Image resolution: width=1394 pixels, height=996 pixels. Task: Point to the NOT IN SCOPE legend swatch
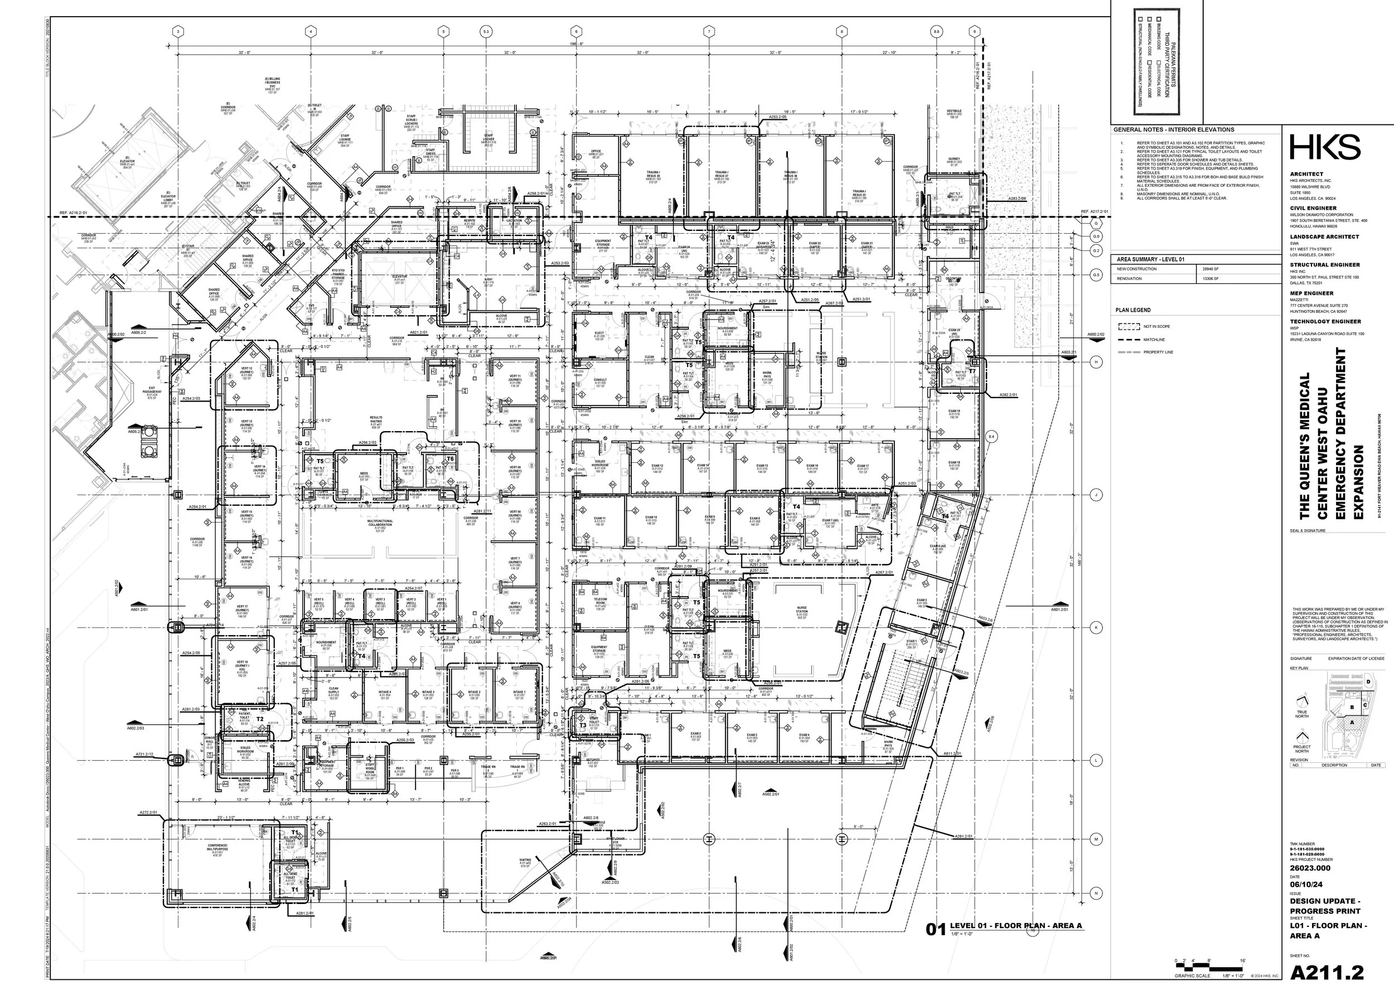1129,327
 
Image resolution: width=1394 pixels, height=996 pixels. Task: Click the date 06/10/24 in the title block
1306,884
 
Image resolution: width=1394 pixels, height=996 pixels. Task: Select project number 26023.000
1310,868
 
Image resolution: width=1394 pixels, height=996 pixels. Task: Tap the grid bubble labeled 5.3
486,31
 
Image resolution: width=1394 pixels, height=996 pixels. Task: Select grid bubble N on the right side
1096,893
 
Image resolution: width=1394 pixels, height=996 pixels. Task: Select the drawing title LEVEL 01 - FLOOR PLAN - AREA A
1015,926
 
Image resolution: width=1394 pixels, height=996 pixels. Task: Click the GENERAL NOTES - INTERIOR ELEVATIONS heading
1174,129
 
